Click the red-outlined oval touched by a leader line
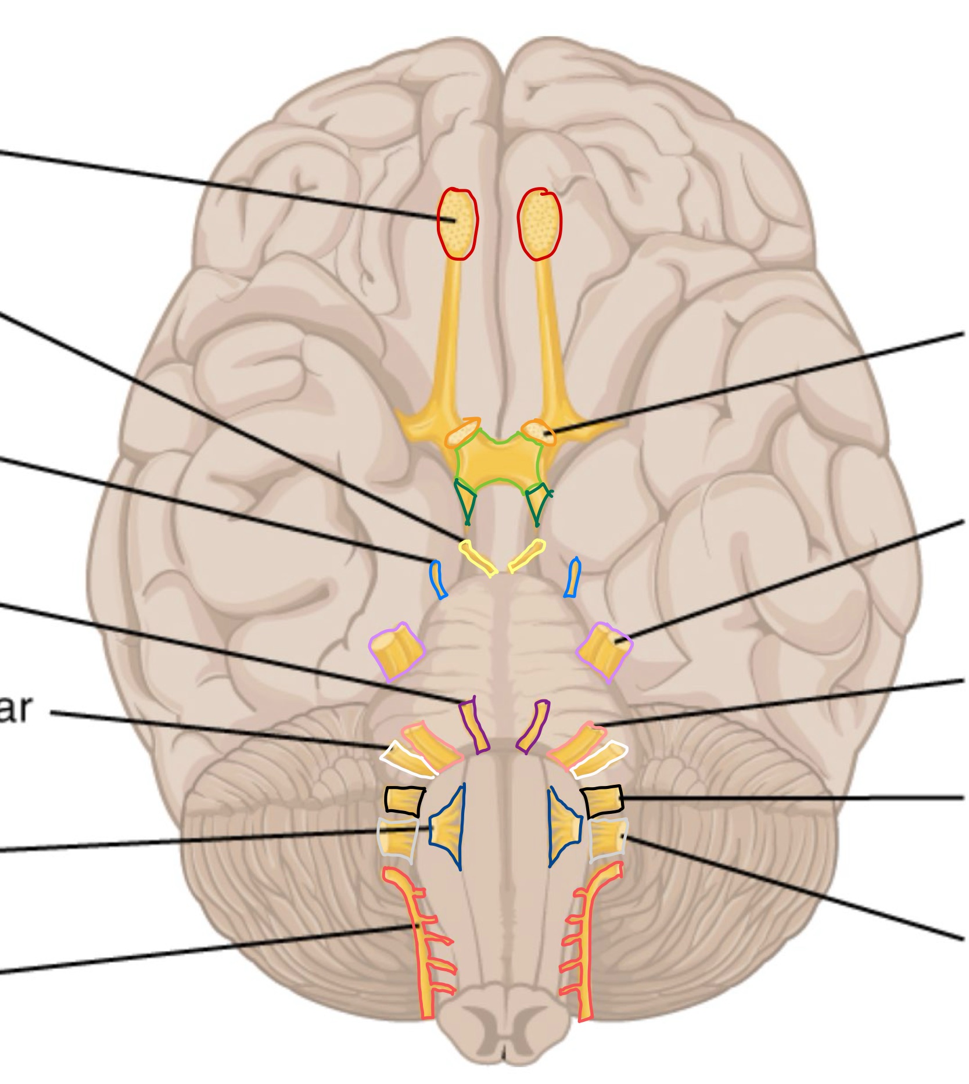click(457, 223)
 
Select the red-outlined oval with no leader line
click(540, 224)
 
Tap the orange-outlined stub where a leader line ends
click(539, 432)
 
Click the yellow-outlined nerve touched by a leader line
click(478, 557)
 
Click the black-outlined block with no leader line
click(404, 800)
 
